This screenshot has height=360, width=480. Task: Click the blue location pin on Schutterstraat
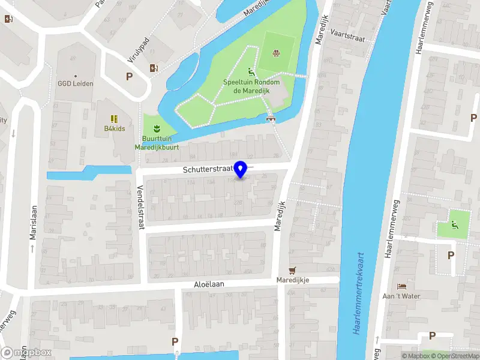[241, 170]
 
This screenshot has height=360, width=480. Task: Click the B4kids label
[114, 128]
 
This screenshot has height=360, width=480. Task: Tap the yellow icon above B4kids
[114, 118]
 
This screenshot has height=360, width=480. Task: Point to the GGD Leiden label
[76, 83]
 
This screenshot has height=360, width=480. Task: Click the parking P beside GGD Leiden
[129, 76]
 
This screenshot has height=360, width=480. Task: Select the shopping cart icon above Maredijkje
[292, 270]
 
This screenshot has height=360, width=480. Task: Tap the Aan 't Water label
[401, 296]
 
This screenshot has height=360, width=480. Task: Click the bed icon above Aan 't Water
[401, 286]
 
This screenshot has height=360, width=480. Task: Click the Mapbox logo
[27, 353]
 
